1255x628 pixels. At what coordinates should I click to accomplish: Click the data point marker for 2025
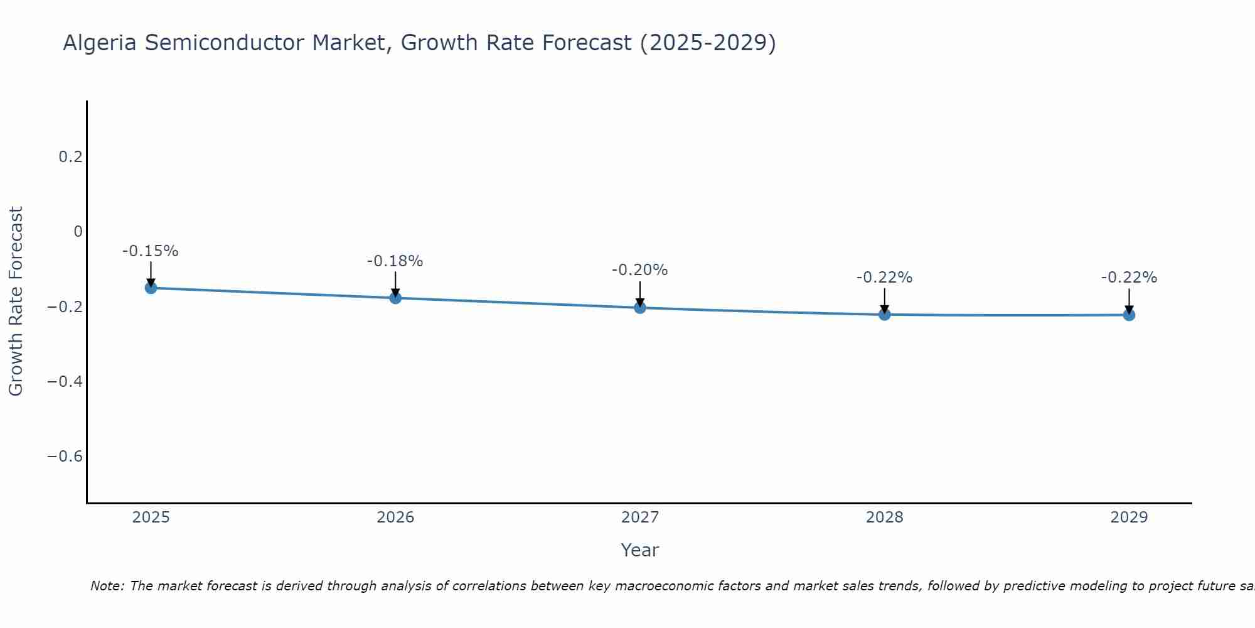tap(151, 288)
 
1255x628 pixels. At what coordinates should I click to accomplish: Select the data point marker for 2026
tap(395, 298)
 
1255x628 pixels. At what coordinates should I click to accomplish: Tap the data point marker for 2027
tap(640, 308)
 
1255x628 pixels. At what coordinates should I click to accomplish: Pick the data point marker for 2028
tap(884, 314)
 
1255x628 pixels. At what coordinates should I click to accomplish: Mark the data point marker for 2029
tap(1129, 315)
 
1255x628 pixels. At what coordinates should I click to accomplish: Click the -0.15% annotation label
tap(151, 251)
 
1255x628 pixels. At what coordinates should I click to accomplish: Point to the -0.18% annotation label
tap(395, 261)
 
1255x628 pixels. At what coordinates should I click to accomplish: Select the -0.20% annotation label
tap(640, 270)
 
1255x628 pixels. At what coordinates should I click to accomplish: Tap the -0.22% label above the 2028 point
tap(884, 278)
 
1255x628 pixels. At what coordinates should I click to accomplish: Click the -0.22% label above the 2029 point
tap(1129, 278)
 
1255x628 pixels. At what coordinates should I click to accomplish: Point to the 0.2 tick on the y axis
tap(71, 156)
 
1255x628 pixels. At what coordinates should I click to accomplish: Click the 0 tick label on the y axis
tap(78, 232)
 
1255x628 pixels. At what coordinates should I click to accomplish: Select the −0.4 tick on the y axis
tap(65, 381)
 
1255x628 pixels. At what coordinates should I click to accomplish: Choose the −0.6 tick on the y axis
tap(65, 456)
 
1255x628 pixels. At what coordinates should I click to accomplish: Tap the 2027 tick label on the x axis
tap(640, 517)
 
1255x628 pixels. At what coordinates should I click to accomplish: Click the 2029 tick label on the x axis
tap(1129, 517)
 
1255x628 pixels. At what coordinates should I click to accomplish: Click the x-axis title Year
tap(640, 550)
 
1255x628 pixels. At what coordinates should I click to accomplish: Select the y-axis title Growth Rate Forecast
tap(16, 301)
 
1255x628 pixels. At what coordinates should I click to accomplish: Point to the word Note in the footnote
tap(107, 586)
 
